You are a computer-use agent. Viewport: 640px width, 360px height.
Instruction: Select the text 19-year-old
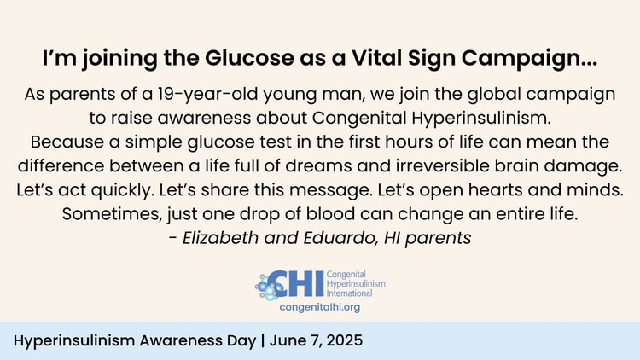[207, 95]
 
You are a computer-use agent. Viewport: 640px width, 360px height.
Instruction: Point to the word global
[494, 95]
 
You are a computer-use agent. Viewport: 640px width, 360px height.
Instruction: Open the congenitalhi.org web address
[320, 307]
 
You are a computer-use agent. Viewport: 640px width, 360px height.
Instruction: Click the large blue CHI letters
[294, 284]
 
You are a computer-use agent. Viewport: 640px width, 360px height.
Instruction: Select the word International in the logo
[349, 293]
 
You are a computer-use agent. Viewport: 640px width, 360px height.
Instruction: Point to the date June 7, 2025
[316, 341]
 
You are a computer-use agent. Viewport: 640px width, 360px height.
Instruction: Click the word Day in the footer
[241, 341]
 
